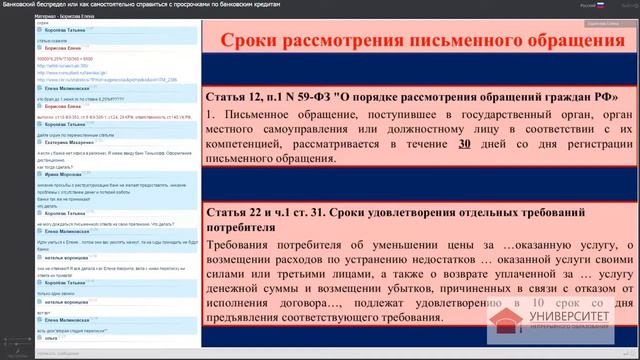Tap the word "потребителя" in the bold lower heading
tap(241, 227)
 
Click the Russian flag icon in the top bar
tap(600, 5)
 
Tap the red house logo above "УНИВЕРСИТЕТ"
tap(505, 319)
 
